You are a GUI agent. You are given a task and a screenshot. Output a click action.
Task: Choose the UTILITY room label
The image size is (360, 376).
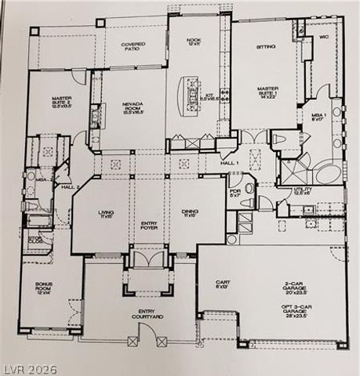[303, 191]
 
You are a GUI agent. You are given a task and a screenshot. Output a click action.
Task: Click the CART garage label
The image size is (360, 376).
[222, 284]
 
